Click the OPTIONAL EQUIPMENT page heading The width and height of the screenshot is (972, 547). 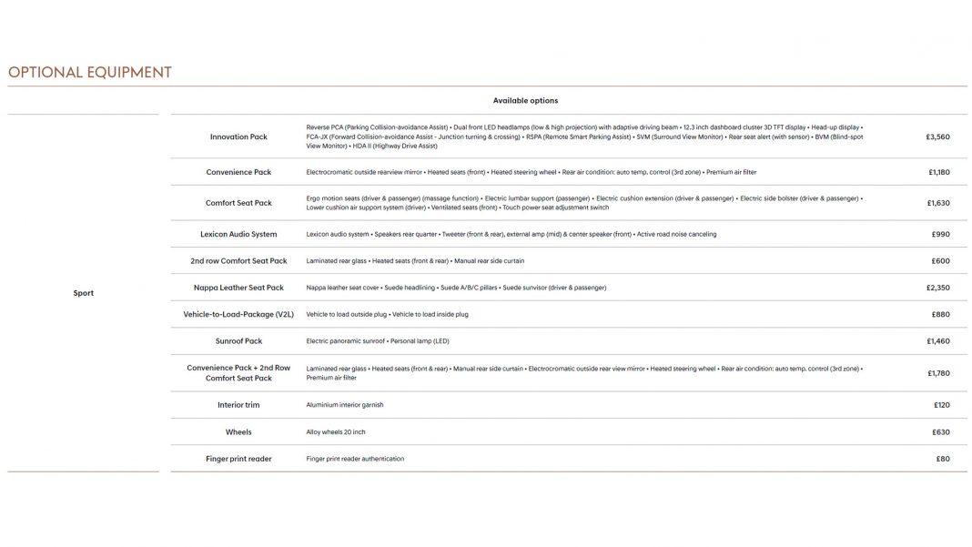pyautogui.click(x=89, y=73)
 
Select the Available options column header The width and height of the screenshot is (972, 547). pyautogui.click(x=525, y=100)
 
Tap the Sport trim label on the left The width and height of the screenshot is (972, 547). pyautogui.click(x=83, y=293)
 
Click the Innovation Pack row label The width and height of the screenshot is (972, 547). pyautogui.click(x=238, y=137)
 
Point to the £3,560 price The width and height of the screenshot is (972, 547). pyautogui.click(x=937, y=137)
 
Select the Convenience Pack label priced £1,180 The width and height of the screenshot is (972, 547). pyautogui.click(x=238, y=172)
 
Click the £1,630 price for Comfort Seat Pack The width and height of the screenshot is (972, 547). pyautogui.click(x=938, y=203)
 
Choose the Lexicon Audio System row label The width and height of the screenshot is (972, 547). pyautogui.click(x=238, y=234)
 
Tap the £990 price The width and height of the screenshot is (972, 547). pyautogui.click(x=940, y=234)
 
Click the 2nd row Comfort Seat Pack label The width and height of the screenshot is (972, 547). pyautogui.click(x=238, y=260)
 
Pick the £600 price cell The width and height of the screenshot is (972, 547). pyautogui.click(x=940, y=260)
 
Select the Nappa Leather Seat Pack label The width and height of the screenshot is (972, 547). pyautogui.click(x=238, y=288)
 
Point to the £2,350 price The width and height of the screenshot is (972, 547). pyautogui.click(x=937, y=288)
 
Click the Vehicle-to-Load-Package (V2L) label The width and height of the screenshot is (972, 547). pyautogui.click(x=238, y=314)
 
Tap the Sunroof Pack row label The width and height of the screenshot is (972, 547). pyautogui.click(x=238, y=341)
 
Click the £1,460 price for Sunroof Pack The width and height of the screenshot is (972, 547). pyautogui.click(x=937, y=341)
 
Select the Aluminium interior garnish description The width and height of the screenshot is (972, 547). pyautogui.click(x=345, y=405)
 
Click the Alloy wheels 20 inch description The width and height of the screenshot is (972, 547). pyautogui.click(x=336, y=432)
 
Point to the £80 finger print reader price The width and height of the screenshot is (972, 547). pyautogui.click(x=942, y=459)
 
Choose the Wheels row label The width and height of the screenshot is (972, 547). pyautogui.click(x=238, y=432)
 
